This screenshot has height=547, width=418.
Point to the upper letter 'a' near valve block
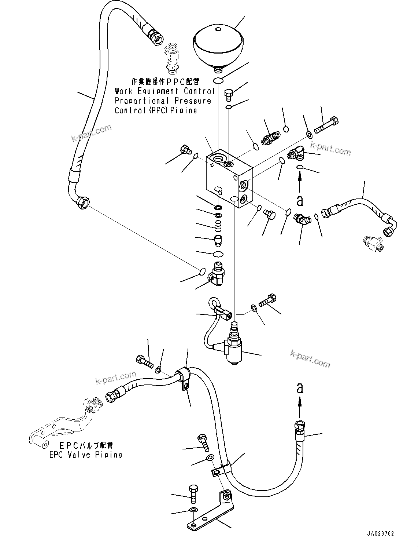(300, 200)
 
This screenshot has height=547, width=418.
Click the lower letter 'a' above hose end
(300, 388)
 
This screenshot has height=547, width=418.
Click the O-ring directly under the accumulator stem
(218, 80)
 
